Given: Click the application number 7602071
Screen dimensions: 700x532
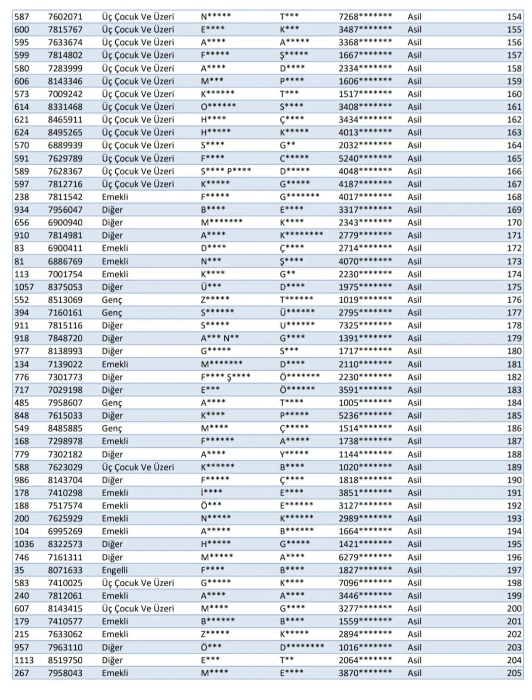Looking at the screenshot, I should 65,17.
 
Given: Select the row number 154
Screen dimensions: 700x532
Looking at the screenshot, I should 514,17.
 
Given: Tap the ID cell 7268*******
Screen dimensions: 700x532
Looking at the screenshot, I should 365,17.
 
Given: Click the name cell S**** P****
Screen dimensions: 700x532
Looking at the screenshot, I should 226,171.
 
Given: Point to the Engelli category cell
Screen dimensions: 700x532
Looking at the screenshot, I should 115,570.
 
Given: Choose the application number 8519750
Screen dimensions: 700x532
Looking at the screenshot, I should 65,660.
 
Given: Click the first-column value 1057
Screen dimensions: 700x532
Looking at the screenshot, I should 24,287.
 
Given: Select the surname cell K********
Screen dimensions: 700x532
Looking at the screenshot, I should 301,235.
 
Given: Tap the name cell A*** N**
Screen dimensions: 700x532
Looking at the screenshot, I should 220,338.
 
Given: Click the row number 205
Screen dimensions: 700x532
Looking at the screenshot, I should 514,673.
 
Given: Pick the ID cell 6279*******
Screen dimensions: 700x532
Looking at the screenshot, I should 365,557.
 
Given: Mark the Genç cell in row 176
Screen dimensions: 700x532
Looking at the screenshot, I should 112,300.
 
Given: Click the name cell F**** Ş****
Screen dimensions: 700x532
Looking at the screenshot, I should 225,377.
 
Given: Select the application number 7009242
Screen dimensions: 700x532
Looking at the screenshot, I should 65,94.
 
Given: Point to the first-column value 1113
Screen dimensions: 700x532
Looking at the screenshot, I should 24,660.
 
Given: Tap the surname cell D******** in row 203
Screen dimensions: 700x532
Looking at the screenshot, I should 301,647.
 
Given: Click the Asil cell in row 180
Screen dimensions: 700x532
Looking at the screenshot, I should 414,351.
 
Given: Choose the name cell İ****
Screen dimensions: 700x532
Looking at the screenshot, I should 211,493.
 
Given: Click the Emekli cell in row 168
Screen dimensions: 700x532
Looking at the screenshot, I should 115,197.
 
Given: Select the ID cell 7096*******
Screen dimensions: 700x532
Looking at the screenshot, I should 365,583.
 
